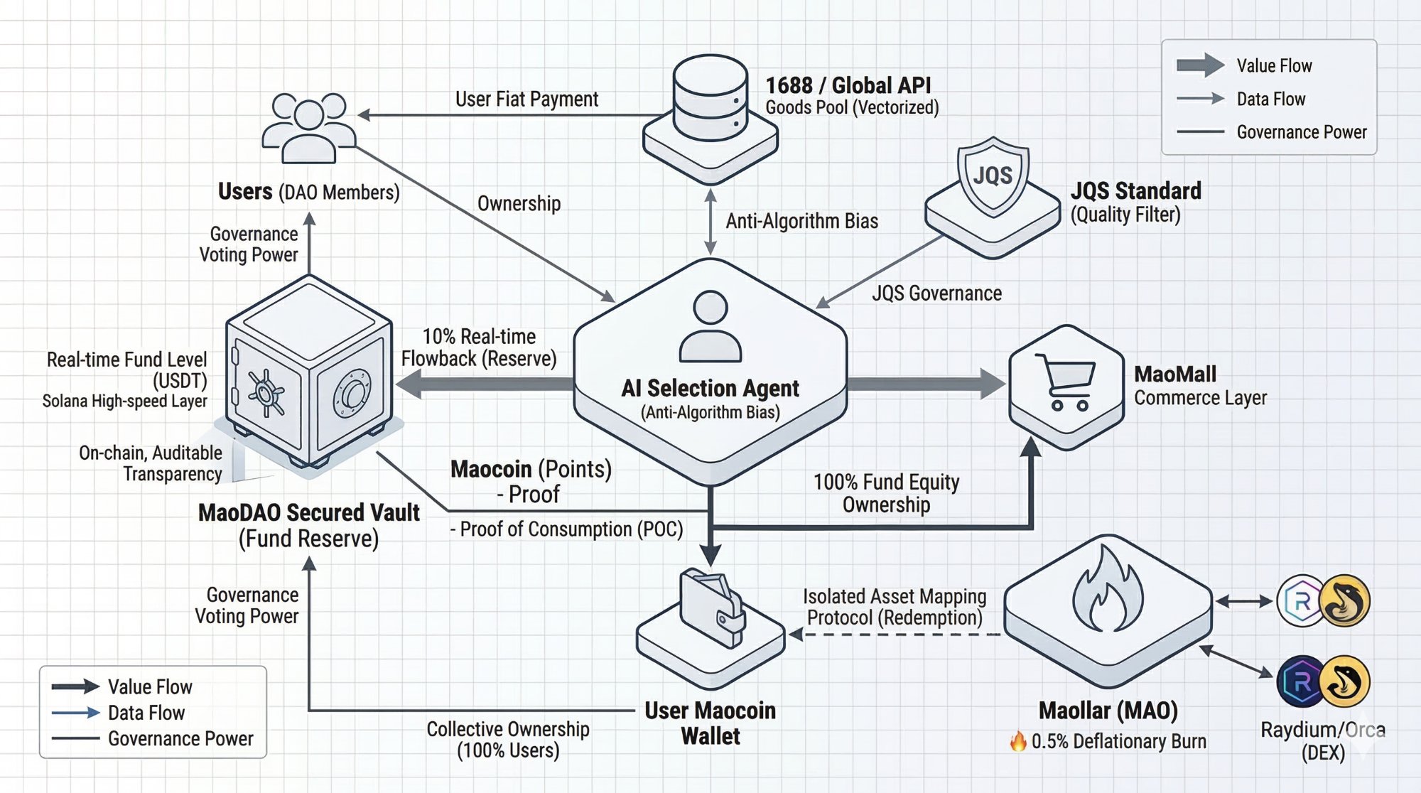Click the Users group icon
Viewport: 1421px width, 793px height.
tap(308, 128)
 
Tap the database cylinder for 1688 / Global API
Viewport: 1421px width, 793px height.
tap(710, 99)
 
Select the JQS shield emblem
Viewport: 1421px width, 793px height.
tap(993, 176)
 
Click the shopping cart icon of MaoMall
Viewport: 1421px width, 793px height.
tap(1066, 382)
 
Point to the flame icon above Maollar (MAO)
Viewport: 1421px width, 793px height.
tap(1107, 590)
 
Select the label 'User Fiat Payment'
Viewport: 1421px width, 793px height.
tap(526, 99)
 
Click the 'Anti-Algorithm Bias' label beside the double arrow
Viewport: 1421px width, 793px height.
tap(801, 222)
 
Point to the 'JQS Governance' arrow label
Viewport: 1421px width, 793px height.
tap(936, 293)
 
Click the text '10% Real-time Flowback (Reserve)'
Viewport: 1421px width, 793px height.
tap(479, 347)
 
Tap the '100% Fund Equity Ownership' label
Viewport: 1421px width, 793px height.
tap(886, 493)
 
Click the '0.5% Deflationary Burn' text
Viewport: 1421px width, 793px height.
tap(1118, 742)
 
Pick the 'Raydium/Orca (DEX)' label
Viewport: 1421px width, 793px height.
tap(1323, 741)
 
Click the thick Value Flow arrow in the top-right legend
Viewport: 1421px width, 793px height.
tap(1200, 65)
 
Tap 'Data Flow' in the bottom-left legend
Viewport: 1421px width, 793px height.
tap(146, 713)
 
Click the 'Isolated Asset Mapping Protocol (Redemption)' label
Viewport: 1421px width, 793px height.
tap(895, 607)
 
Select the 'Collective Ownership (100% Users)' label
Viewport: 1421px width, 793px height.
tap(507, 740)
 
